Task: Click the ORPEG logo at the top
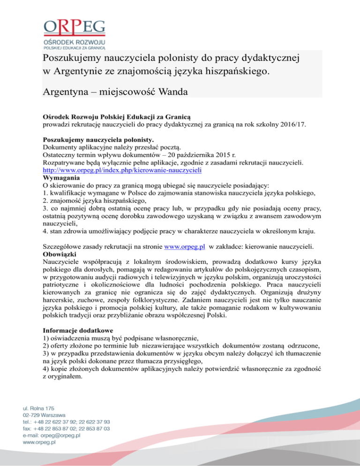coord(75,33)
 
